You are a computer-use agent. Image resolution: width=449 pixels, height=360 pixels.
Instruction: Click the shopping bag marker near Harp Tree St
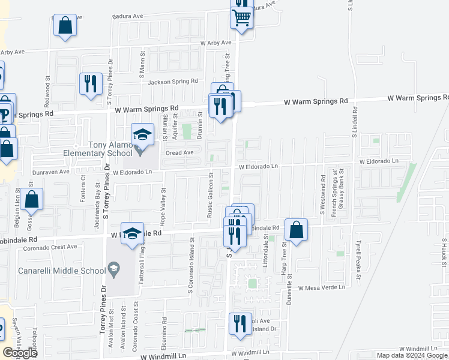click(x=297, y=230)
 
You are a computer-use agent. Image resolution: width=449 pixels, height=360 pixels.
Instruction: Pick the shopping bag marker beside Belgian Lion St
click(x=33, y=200)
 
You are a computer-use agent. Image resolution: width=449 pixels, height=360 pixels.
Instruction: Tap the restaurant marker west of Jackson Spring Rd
click(x=90, y=84)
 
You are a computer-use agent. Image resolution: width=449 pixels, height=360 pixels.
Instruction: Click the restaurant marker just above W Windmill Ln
click(x=241, y=324)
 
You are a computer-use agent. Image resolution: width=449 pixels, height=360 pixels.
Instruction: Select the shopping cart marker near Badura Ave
click(x=241, y=18)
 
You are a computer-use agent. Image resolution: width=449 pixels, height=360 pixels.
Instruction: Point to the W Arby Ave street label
click(x=215, y=43)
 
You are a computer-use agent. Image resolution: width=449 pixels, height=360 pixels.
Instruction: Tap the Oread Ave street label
click(x=180, y=152)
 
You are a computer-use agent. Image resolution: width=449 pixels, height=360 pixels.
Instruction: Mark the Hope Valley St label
click(x=163, y=202)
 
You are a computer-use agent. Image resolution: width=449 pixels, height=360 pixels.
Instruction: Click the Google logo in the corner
click(x=20, y=353)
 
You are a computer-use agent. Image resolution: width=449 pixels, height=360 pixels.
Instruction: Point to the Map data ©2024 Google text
click(x=411, y=355)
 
